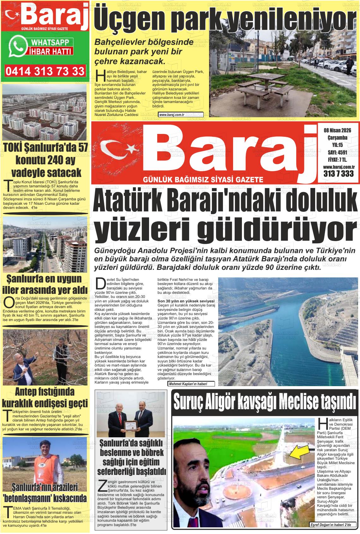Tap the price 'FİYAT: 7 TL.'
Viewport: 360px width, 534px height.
point(337,159)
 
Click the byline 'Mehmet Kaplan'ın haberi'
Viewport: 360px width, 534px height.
point(191,384)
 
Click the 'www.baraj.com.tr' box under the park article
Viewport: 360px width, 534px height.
point(172,115)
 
